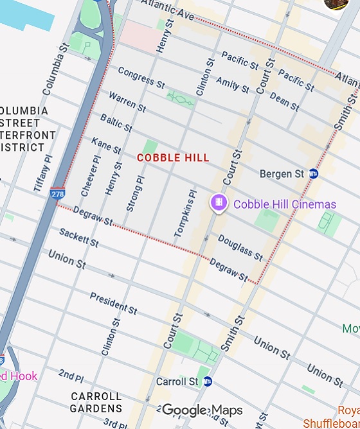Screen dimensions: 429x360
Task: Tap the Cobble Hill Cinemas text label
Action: [285, 204]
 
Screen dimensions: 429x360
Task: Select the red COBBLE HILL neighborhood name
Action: [173, 157]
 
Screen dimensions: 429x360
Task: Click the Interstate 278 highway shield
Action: [57, 193]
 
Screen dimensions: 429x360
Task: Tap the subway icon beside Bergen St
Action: [313, 173]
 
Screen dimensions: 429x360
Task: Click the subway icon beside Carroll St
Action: [207, 381]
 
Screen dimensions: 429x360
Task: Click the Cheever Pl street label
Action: [91, 175]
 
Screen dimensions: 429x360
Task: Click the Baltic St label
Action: [116, 122]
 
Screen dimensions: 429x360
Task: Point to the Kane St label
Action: [106, 145]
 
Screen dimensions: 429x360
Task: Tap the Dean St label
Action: [283, 102]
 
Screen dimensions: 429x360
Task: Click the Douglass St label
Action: [240, 248]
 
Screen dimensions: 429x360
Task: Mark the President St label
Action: [113, 303]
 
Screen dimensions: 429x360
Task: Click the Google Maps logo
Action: [202, 410]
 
